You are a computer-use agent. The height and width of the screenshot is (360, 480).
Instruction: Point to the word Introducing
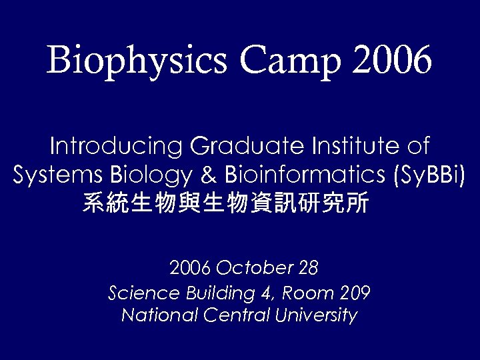[x=116, y=146]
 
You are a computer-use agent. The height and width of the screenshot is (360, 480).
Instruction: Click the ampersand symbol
[x=208, y=175]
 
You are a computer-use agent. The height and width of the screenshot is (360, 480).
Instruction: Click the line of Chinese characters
[x=225, y=203]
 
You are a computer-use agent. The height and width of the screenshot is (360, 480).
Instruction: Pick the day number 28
[x=309, y=269]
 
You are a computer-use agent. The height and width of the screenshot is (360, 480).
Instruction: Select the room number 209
[x=355, y=293]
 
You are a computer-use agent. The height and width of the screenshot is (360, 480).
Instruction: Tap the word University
[x=315, y=315]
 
